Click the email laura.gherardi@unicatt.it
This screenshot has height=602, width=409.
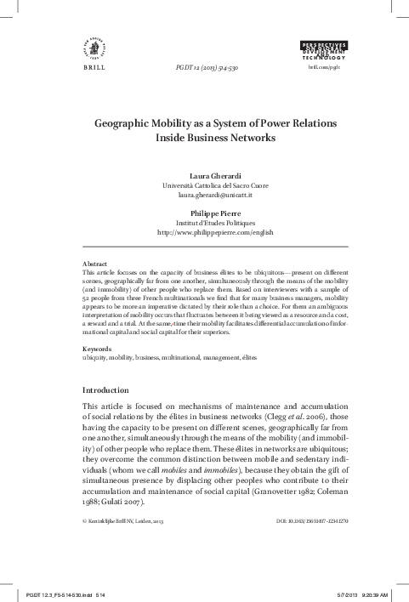coord(204,195)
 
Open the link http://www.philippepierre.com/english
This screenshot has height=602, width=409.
coord(204,231)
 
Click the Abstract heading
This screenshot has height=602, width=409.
coord(94,264)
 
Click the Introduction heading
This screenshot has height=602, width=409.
coord(105,389)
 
